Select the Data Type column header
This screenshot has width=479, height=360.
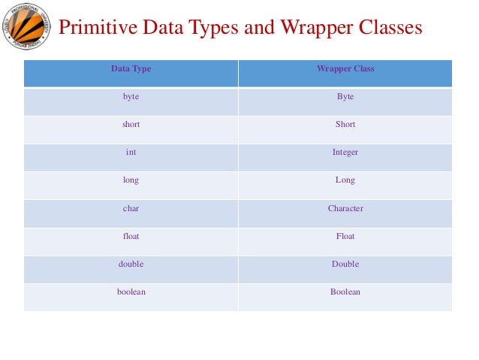pyautogui.click(x=131, y=69)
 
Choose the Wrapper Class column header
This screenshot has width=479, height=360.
pyautogui.click(x=345, y=69)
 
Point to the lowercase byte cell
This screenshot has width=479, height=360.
pyautogui.click(x=131, y=97)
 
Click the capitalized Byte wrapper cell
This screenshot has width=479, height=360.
pyautogui.click(x=345, y=97)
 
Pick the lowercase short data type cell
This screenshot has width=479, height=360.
pyautogui.click(x=131, y=125)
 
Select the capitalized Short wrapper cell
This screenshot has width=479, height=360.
pyautogui.click(x=345, y=125)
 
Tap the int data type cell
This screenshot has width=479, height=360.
pyautogui.click(x=131, y=153)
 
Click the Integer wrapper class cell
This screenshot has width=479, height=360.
pyautogui.click(x=345, y=153)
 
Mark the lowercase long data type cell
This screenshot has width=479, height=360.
pyautogui.click(x=131, y=180)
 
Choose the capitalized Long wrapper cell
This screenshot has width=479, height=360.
pyautogui.click(x=345, y=180)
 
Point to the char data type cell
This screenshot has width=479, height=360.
pyautogui.click(x=131, y=208)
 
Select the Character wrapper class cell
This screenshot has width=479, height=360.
pyautogui.click(x=345, y=208)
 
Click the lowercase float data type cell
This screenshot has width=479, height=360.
pyautogui.click(x=131, y=236)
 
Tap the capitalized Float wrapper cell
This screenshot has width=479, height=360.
pyautogui.click(x=345, y=236)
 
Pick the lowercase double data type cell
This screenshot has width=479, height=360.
pyautogui.click(x=131, y=264)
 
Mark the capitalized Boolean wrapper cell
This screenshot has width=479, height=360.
pyautogui.click(x=345, y=292)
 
